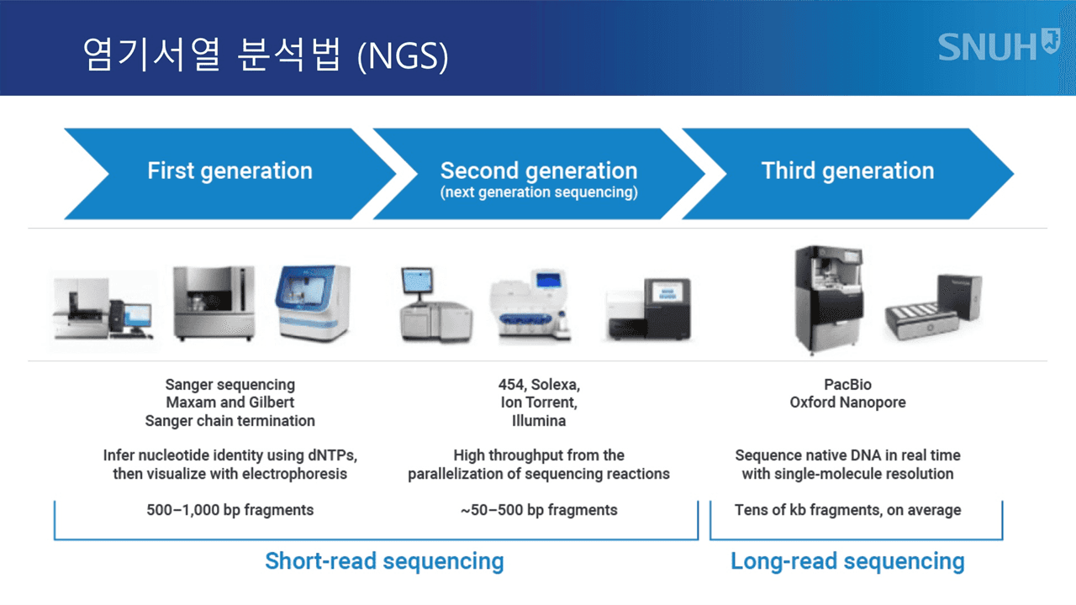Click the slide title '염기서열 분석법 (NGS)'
[265, 55]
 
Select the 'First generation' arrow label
[229, 171]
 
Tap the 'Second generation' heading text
[539, 171]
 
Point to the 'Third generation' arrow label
[847, 171]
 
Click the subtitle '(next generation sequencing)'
[539, 192]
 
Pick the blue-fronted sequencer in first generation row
[312, 303]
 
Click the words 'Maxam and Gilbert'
[229, 402]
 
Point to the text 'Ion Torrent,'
[539, 402]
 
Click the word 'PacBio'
[847, 385]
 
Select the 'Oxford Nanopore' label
[847, 402]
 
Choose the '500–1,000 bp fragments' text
[229, 509]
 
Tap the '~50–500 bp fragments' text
[539, 509]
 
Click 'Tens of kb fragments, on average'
[847, 509]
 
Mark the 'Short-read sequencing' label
[384, 560]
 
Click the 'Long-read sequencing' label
[847, 560]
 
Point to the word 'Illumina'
[539, 420]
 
